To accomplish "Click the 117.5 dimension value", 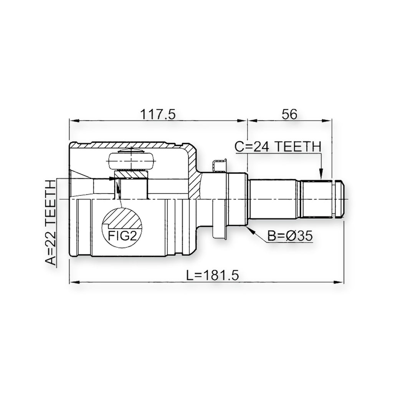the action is coord(158,114).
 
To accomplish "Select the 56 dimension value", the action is coord(289,114).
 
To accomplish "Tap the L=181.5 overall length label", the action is coord(213,275).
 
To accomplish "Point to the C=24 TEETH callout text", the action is coord(278,147).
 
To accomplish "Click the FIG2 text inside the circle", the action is coord(122,235).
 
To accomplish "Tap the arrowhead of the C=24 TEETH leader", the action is coord(321,176).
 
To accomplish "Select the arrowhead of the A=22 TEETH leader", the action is coord(114,178).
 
